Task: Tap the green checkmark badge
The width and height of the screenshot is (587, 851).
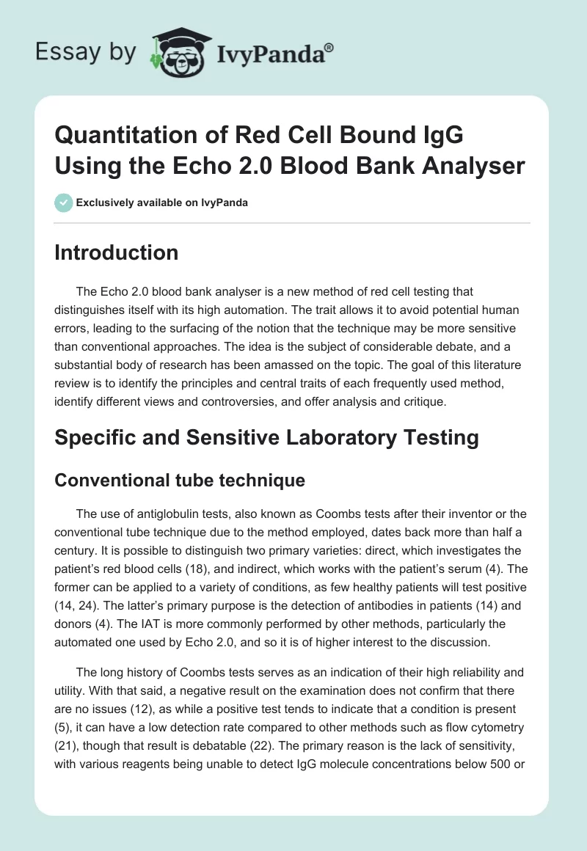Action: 64,202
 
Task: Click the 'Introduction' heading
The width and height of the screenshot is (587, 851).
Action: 117,252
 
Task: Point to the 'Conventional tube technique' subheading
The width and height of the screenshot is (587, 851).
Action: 181,481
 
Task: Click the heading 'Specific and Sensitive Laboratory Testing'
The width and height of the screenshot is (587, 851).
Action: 267,437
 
